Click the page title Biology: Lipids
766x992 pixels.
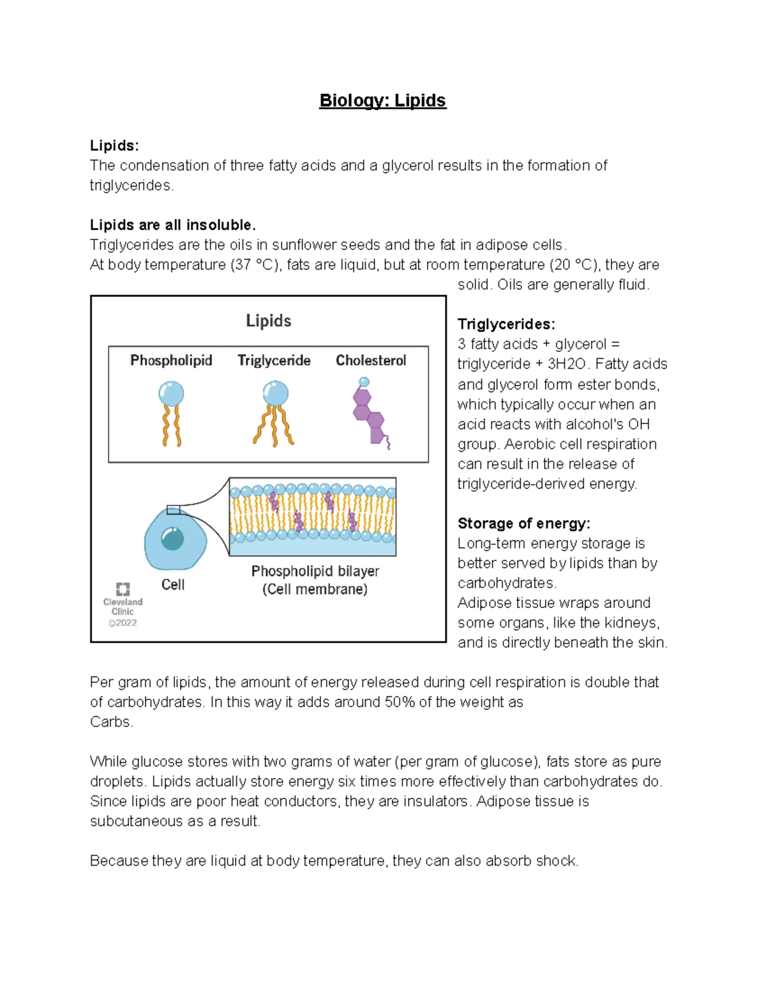(x=382, y=100)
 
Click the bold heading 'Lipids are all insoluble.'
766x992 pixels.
(x=172, y=225)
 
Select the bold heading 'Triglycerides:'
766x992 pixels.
(x=506, y=324)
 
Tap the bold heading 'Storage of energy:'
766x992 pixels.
(x=523, y=523)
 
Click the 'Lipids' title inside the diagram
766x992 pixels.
(x=269, y=321)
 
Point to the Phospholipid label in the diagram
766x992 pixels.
(x=171, y=360)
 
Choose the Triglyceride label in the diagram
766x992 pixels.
(x=274, y=360)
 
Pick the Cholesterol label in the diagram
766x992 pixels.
(x=371, y=360)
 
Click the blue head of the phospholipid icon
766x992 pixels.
(x=171, y=393)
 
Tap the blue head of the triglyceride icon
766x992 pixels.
(x=276, y=393)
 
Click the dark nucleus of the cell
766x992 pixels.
(x=172, y=538)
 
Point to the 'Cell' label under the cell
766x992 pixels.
(x=173, y=584)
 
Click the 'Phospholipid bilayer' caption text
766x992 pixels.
(x=315, y=571)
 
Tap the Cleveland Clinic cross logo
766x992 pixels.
(x=123, y=589)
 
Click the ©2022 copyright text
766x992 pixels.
(x=123, y=623)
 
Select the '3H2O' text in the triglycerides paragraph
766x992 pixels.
(x=567, y=364)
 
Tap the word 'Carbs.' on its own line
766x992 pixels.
(x=111, y=722)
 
